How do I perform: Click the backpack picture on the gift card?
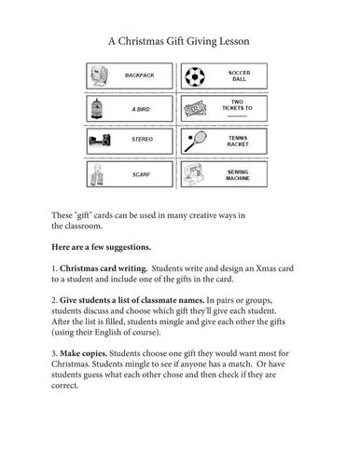[100, 75]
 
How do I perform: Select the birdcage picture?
[100, 108]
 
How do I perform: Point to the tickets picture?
[196, 108]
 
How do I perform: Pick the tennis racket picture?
[196, 141]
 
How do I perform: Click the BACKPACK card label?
[140, 75]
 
